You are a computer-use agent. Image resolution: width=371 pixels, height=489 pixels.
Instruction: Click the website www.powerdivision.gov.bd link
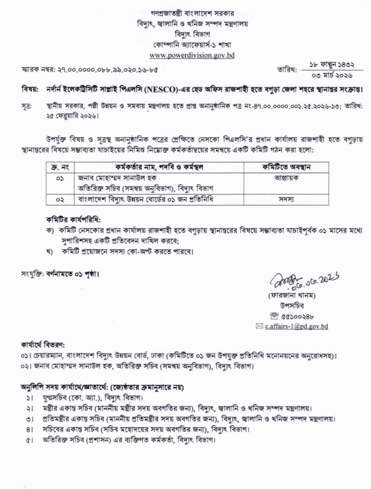click(192, 55)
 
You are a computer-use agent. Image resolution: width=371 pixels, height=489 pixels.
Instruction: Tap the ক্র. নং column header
click(60, 167)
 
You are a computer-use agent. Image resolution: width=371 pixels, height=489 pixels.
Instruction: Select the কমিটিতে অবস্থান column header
click(286, 167)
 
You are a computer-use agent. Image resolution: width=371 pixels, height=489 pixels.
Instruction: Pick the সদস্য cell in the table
click(286, 200)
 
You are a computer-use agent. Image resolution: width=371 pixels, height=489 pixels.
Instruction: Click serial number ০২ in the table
click(60, 200)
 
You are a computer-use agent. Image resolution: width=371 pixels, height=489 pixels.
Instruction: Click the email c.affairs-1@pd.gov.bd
click(296, 326)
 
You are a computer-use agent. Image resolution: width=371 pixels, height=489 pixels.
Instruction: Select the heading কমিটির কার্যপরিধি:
click(73, 220)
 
